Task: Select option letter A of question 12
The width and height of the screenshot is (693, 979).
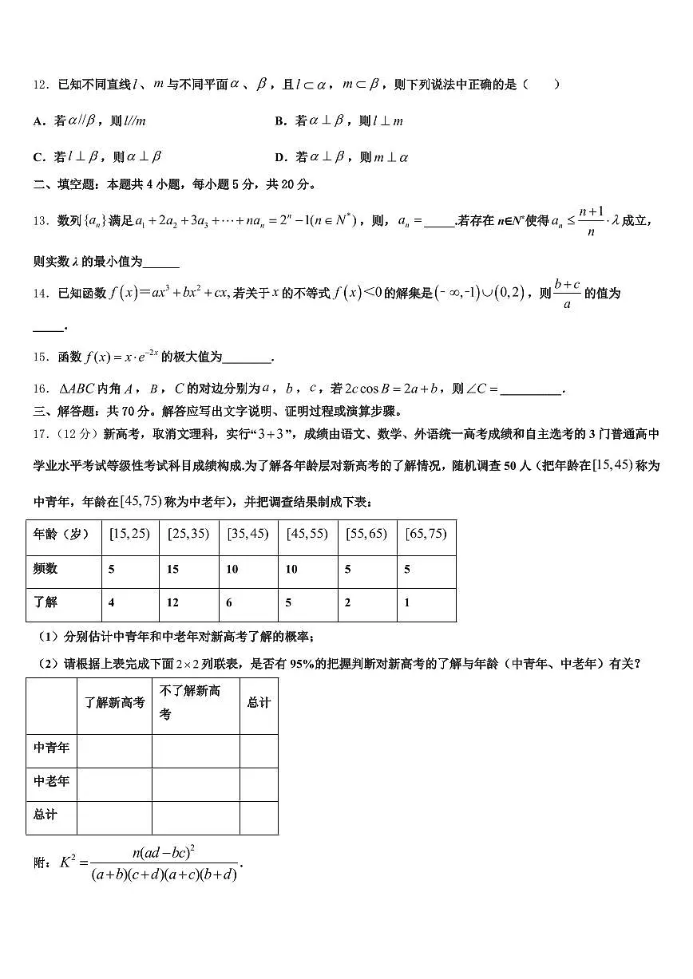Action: [x=38, y=121]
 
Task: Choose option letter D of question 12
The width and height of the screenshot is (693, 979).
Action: [x=280, y=157]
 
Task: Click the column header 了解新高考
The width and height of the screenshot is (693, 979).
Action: [x=115, y=702]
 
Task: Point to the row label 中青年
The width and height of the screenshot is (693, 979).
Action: [x=51, y=748]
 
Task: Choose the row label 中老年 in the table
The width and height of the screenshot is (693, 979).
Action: [x=51, y=782]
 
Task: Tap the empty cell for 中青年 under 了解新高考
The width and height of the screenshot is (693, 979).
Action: [x=115, y=750]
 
